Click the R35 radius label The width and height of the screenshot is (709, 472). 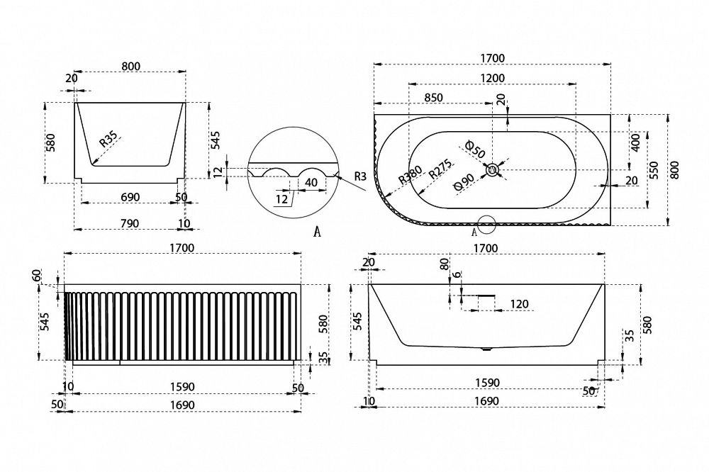[108, 139]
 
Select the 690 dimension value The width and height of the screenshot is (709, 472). [130, 197]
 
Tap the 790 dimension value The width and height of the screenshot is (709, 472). [130, 223]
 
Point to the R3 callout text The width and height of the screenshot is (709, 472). [360, 176]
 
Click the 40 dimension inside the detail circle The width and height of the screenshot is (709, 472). [311, 182]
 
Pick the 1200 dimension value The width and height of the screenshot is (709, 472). [493, 78]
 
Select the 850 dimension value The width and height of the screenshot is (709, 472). [434, 97]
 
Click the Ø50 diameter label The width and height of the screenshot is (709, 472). [475, 150]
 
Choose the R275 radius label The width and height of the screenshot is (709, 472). [440, 169]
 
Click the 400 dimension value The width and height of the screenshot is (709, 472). [635, 142]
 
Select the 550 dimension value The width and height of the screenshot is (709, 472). [654, 170]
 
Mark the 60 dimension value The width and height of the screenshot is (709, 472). [37, 275]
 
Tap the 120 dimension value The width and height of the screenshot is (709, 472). [519, 304]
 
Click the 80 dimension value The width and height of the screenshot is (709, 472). [445, 264]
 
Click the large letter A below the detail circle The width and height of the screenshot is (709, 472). [318, 232]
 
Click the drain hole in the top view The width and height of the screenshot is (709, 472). [492, 170]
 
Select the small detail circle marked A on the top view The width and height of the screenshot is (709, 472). [487, 224]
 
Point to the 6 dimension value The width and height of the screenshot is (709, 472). [457, 274]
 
